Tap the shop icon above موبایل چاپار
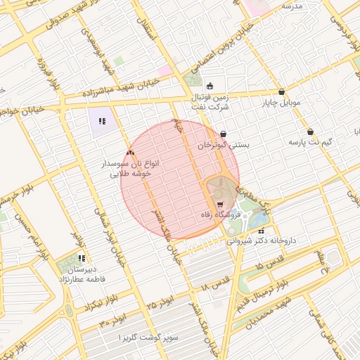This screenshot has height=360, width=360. (x=282, y=91)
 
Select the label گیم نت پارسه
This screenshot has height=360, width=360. (x=309, y=142)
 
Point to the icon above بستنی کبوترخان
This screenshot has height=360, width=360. (x=224, y=134)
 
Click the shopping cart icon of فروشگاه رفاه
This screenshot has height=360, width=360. (x=220, y=204)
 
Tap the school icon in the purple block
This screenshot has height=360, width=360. (x=102, y=121)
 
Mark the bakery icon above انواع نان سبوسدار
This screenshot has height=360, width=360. (x=129, y=152)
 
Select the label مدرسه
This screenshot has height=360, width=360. (x=291, y=6)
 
